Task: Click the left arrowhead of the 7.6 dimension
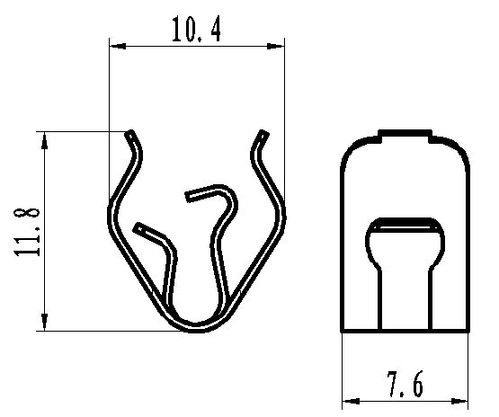click(x=349, y=400)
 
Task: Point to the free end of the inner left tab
click(x=137, y=228)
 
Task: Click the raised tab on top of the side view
click(x=405, y=136)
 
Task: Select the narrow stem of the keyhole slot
click(x=405, y=301)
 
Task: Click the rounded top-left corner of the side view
click(x=352, y=152)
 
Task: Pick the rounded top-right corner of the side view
click(x=460, y=152)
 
